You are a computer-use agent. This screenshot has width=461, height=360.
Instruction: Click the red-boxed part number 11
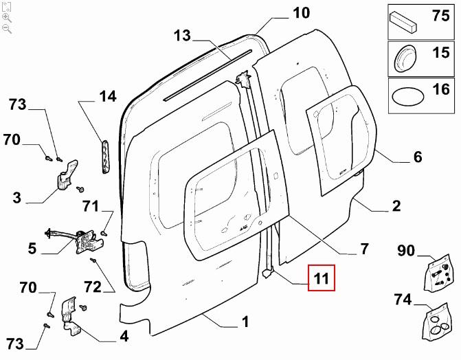pyautogui.click(x=321, y=278)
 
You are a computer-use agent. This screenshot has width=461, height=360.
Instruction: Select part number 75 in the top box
pyautogui.click(x=440, y=15)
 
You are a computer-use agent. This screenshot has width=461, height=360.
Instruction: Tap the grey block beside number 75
pyautogui.click(x=403, y=21)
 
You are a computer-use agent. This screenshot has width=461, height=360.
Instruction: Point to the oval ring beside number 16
pyautogui.click(x=407, y=96)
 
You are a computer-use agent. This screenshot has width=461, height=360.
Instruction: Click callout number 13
pyautogui.click(x=182, y=36)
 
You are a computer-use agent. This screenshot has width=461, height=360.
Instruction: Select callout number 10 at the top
pyautogui.click(x=301, y=13)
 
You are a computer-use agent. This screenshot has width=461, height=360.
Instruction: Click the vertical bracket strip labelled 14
pyautogui.click(x=105, y=156)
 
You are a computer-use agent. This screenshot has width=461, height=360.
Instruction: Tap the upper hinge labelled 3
pyautogui.click(x=67, y=175)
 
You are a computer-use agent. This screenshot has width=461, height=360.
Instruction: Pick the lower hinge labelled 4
pyautogui.click(x=70, y=315)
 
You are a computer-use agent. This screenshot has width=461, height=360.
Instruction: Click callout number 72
pyautogui.click(x=93, y=286)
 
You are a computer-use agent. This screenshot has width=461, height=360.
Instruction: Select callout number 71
pyautogui.click(x=91, y=206)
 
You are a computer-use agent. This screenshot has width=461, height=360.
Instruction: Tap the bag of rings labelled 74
pyautogui.click(x=436, y=322)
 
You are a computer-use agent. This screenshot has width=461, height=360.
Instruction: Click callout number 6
pyautogui.click(x=418, y=157)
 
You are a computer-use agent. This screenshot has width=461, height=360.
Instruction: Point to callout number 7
pyautogui.click(x=364, y=249)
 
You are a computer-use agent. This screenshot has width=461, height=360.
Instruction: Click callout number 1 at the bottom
pyautogui.click(x=245, y=322)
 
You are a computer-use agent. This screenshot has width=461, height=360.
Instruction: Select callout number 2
pyautogui.click(x=396, y=205)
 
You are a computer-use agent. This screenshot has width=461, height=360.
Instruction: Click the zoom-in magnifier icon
pyautogui.click(x=6, y=18)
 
